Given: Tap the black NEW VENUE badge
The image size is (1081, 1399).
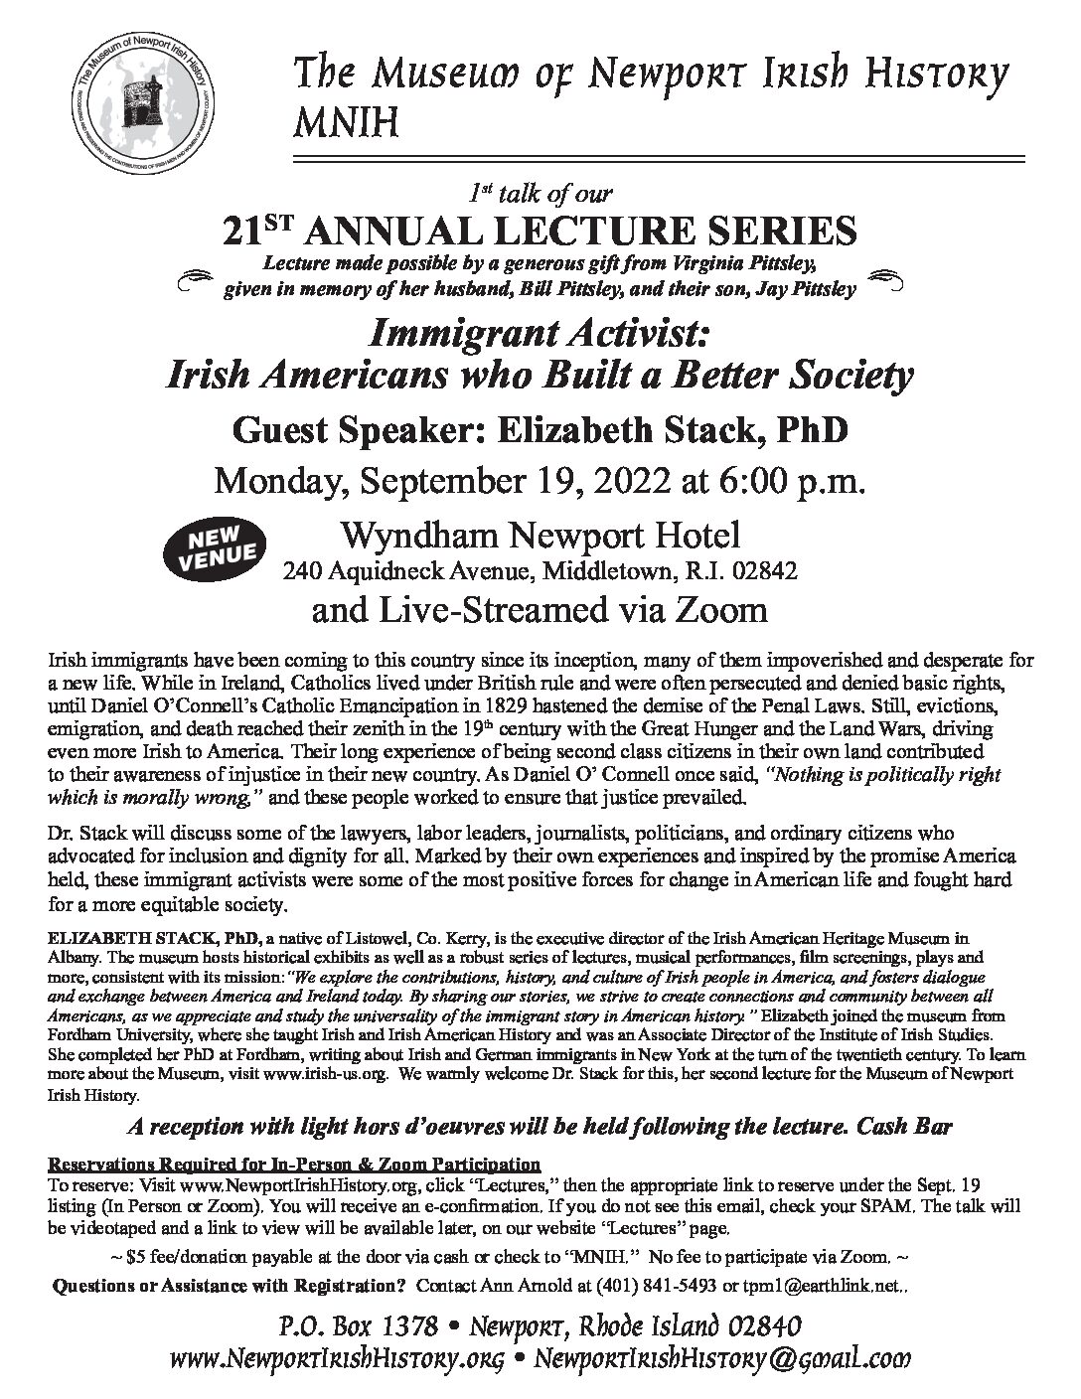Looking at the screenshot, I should [x=217, y=546].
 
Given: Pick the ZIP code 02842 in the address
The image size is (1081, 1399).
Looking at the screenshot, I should [x=766, y=572].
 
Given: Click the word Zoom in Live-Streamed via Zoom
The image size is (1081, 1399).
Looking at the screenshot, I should [x=726, y=608].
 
